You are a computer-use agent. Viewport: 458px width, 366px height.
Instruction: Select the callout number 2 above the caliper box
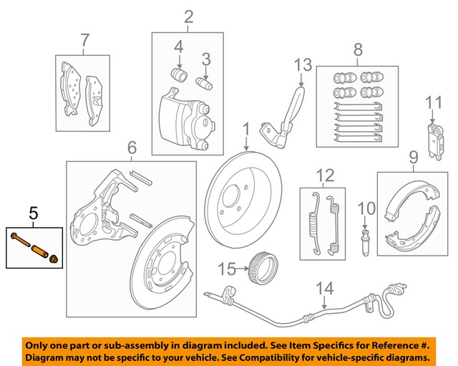tap(188, 16)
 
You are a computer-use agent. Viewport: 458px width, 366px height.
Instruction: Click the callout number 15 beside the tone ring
tap(226, 269)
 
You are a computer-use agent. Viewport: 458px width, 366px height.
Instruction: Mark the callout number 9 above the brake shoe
tap(414, 155)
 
